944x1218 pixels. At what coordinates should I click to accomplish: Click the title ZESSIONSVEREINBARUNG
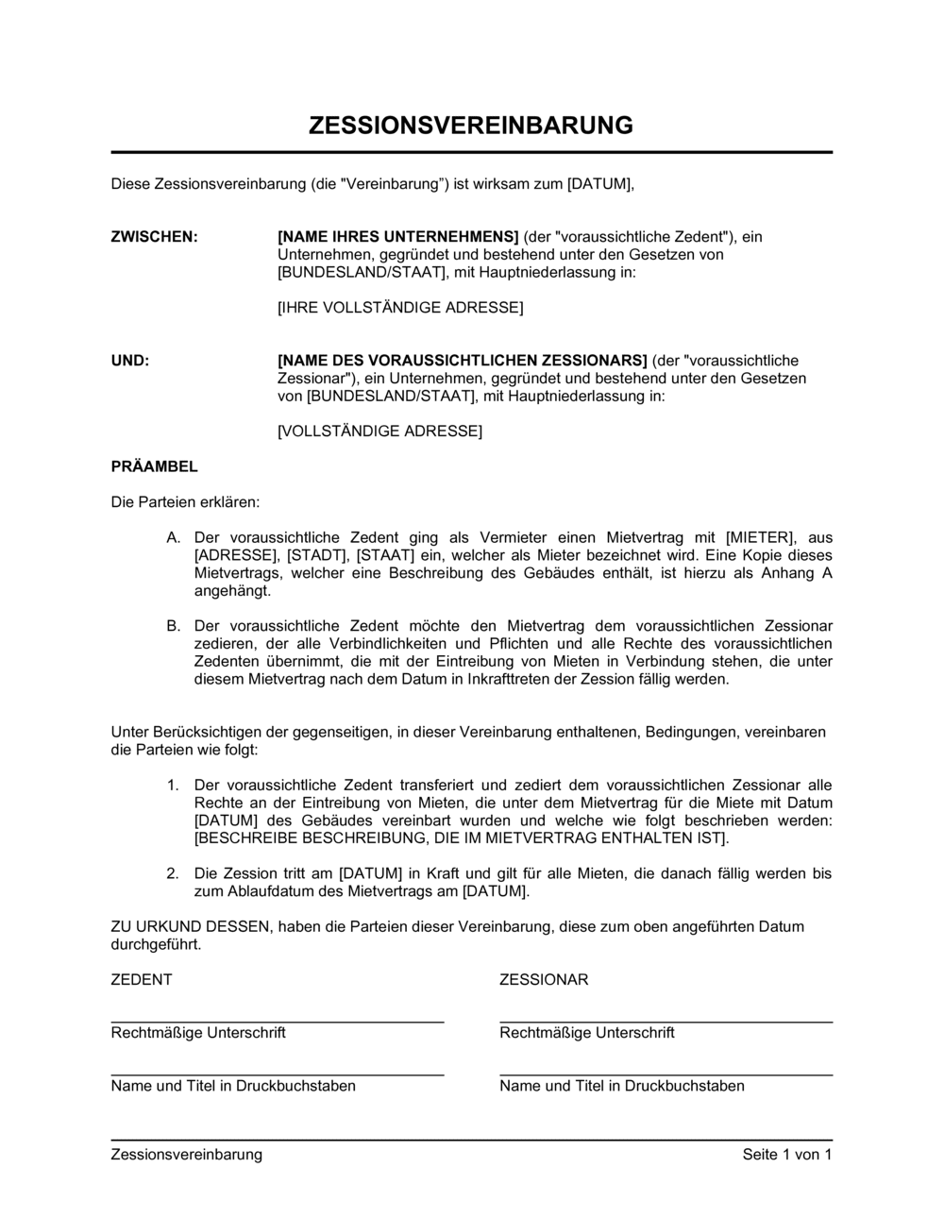pos(471,126)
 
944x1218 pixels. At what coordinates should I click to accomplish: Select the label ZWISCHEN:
pos(155,237)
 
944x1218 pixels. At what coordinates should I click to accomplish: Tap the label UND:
pos(130,361)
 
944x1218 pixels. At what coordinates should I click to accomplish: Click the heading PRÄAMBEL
pos(155,466)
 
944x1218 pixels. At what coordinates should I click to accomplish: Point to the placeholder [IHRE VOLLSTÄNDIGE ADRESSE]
pos(400,308)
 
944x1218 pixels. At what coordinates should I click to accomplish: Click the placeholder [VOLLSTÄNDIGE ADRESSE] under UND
pos(379,431)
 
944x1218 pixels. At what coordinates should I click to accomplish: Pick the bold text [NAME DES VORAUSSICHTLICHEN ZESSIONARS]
pos(463,361)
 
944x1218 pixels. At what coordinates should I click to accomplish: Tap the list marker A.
pos(173,537)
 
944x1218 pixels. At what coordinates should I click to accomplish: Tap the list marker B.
pos(173,626)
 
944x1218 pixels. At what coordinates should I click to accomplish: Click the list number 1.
pos(173,786)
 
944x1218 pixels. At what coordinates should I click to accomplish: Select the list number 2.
pos(173,874)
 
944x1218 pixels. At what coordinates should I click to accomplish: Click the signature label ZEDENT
pos(142,980)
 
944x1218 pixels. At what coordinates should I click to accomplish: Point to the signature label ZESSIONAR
pos(544,980)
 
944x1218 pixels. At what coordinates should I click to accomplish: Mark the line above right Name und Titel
pos(666,1075)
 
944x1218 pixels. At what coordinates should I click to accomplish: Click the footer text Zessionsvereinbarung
pos(187,1155)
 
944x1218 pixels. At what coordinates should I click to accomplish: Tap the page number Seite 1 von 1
pos(787,1155)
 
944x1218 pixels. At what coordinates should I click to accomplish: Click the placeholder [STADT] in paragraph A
pos(318,555)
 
